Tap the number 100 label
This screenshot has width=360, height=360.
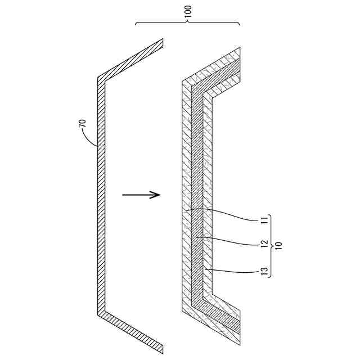(x=188, y=12)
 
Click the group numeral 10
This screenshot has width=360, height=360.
(x=280, y=246)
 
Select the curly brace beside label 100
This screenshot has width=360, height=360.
(x=188, y=22)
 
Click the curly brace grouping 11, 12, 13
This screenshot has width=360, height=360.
(x=271, y=246)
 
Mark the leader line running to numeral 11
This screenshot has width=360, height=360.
(x=225, y=214)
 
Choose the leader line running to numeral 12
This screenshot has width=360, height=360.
(x=225, y=241)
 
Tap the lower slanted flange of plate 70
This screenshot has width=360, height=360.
(x=130, y=328)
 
